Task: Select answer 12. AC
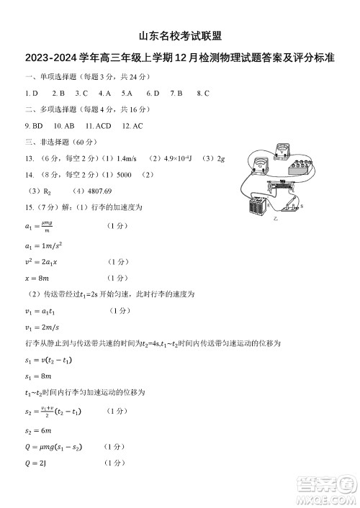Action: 132,126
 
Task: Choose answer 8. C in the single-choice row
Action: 202,93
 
